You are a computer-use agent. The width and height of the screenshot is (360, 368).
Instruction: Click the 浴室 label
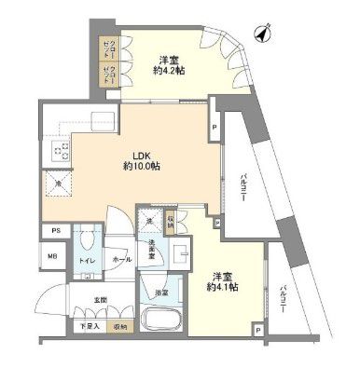click(159, 292)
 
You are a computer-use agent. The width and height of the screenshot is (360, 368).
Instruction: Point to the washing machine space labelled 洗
click(148, 219)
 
